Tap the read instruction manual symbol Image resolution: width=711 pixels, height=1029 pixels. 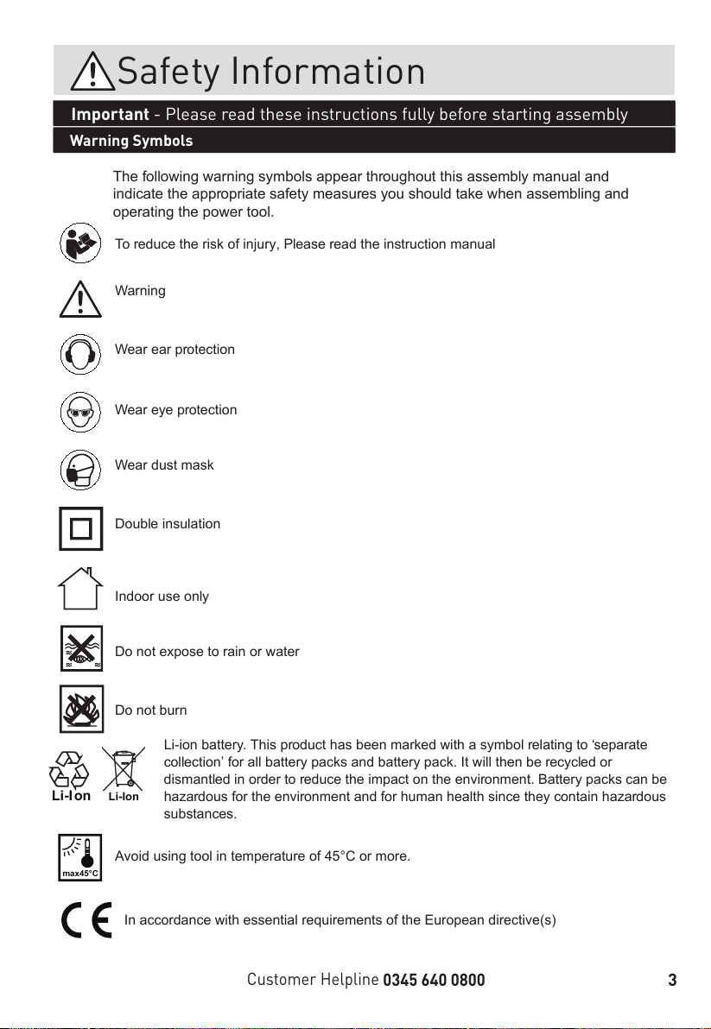81,243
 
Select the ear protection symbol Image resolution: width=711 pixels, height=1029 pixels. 81,354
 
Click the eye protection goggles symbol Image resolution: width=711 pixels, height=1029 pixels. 81,412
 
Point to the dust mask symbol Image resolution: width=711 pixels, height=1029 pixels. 81,470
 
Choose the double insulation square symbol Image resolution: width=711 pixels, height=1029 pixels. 81,528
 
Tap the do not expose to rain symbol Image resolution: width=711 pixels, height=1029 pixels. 81,648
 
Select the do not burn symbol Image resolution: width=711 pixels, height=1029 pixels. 81,708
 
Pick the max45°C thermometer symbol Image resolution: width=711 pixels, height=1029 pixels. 81,857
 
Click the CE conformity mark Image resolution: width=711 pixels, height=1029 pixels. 86,920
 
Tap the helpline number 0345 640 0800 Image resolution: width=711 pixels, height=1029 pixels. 434,980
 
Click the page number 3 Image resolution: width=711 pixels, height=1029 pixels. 671,980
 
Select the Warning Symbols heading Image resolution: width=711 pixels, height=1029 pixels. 131,141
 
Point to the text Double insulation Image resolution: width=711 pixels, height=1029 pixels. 168,524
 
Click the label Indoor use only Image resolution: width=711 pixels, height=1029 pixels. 162,597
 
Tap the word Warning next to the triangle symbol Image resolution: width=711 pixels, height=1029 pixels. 140,291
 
